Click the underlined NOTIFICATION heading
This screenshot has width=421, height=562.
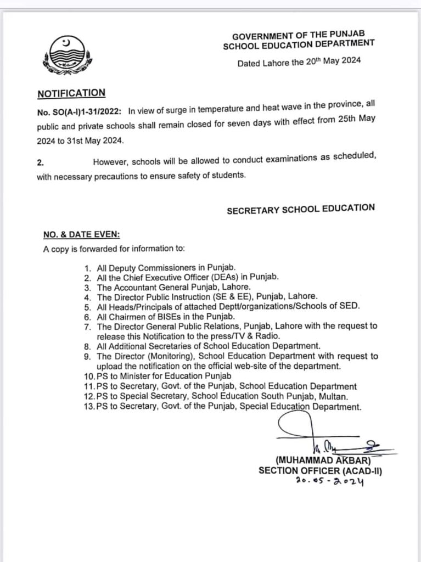coord(71,93)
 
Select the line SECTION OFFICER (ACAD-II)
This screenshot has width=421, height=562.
coord(321,470)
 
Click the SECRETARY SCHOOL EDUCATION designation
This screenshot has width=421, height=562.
coord(301,208)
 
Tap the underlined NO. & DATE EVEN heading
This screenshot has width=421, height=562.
coord(78,234)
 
